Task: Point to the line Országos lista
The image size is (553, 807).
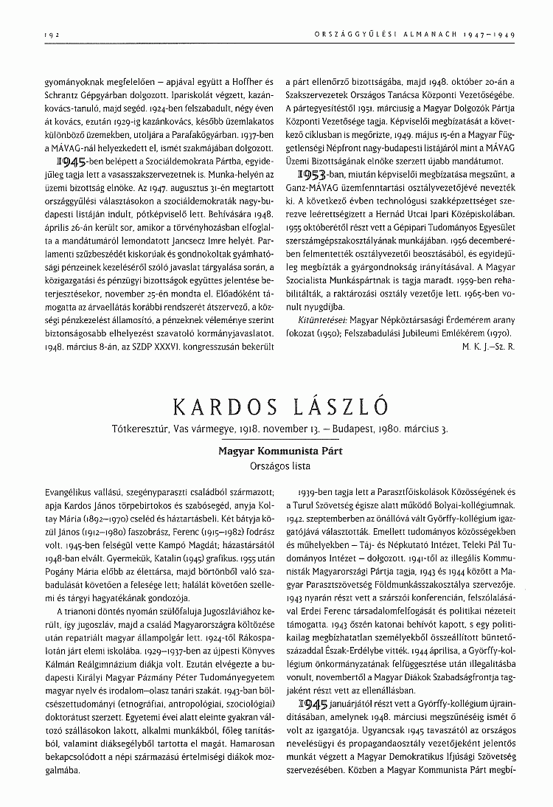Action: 276,466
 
